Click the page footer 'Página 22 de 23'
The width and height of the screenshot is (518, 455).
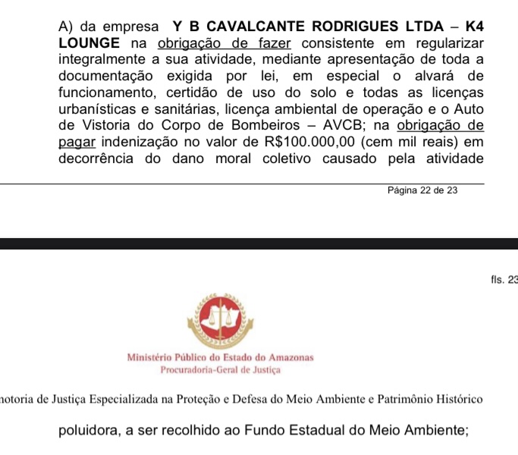(422, 191)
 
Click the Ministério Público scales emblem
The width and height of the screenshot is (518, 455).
(220, 318)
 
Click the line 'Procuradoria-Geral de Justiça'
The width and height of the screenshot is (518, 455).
(220, 369)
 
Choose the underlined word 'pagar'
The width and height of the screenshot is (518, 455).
(75, 142)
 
